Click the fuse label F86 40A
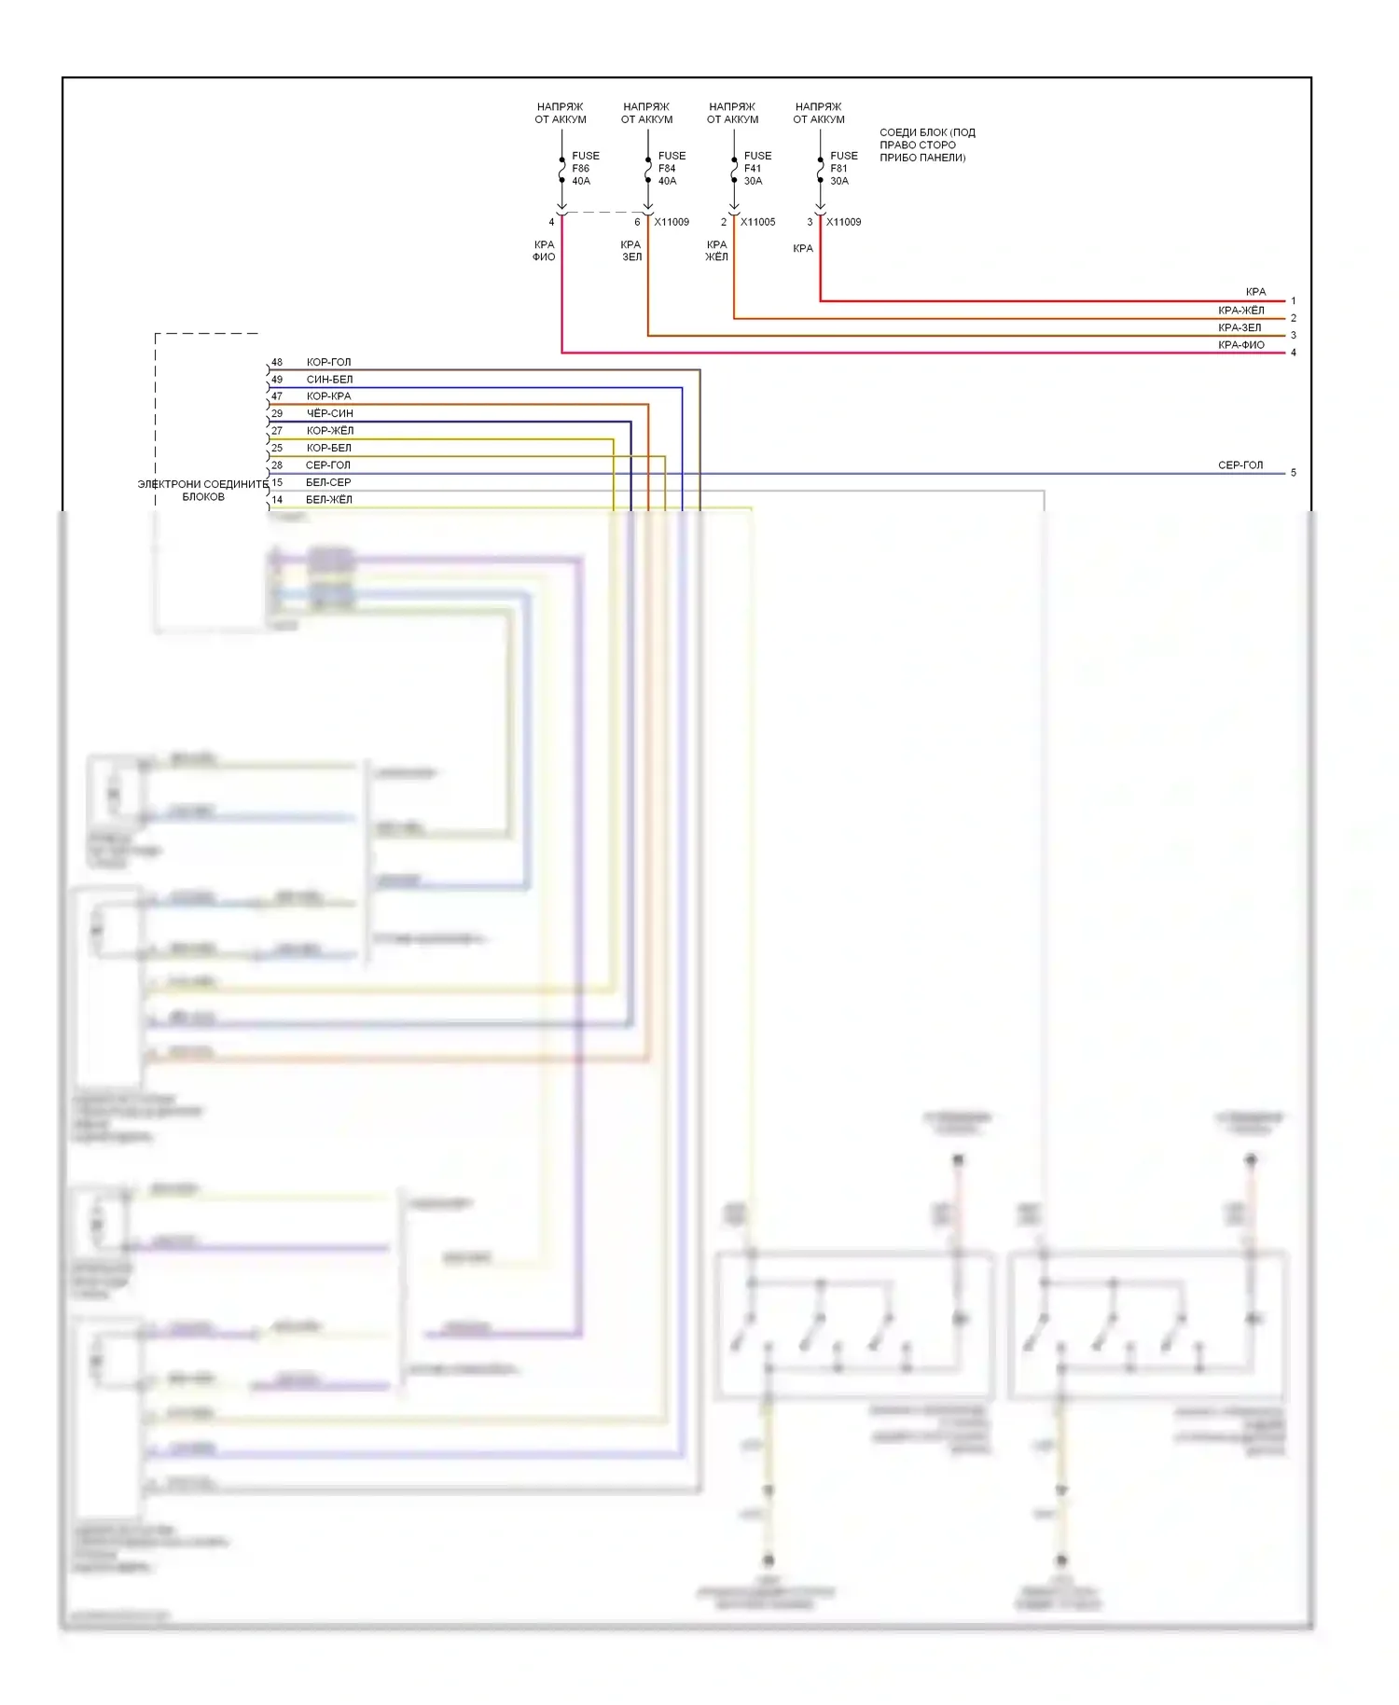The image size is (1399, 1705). point(585,169)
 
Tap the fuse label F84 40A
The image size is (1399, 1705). point(671,169)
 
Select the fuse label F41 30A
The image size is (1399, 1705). point(756,169)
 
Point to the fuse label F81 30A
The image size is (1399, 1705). point(843,169)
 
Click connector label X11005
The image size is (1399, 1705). point(757,222)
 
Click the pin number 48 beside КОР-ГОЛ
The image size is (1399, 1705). point(277,362)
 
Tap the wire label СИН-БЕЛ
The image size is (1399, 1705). point(329,380)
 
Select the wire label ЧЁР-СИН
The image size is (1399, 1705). point(329,413)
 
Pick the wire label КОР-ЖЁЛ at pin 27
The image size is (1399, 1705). point(330,431)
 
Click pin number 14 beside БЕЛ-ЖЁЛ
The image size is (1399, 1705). point(277,500)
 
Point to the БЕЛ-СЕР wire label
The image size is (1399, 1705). point(328,482)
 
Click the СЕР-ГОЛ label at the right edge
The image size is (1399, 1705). point(1240,464)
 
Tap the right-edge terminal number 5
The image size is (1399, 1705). point(1293,473)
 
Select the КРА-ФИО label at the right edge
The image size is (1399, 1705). point(1240,345)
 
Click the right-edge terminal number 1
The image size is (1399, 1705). point(1293,301)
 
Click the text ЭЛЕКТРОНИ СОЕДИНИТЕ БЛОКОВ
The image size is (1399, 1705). point(203,491)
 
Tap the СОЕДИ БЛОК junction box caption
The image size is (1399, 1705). point(926,145)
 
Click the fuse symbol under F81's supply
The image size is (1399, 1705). point(820,171)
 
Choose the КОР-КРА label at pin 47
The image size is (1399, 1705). point(328,396)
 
